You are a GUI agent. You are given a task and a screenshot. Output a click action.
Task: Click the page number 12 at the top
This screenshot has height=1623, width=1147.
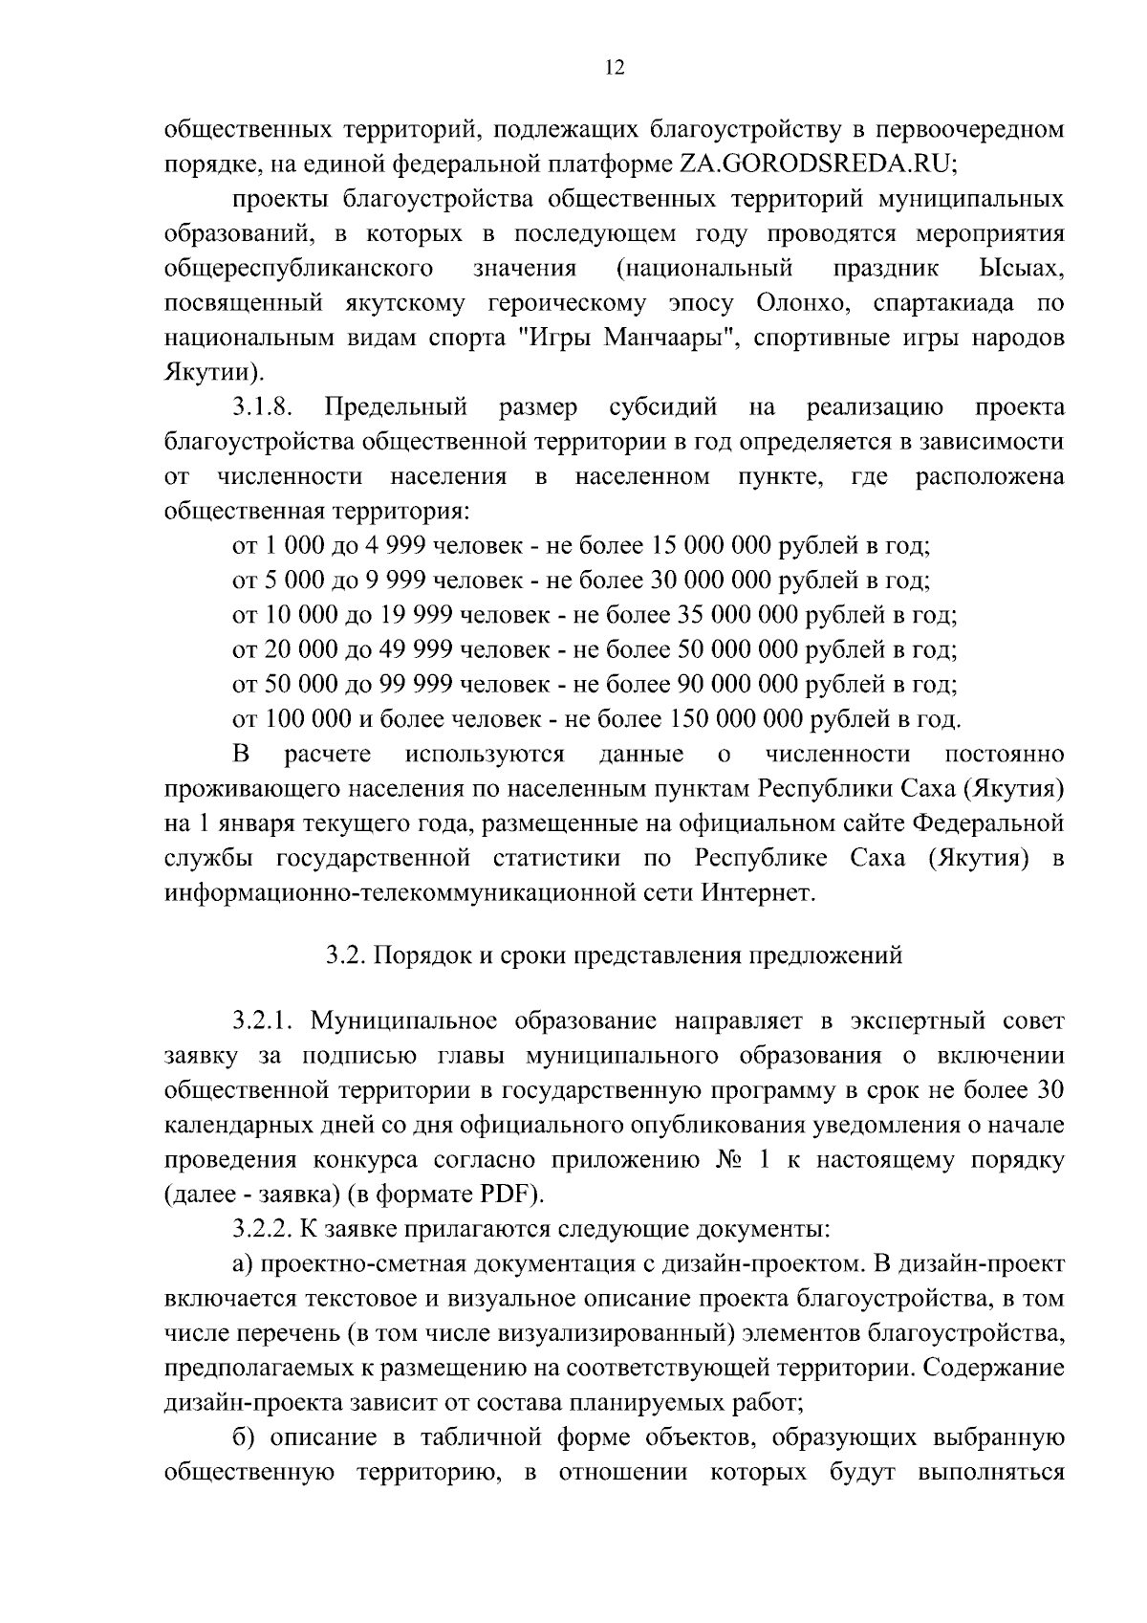tap(615, 67)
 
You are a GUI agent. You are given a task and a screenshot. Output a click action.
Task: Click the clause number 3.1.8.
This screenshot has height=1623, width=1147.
tap(261, 408)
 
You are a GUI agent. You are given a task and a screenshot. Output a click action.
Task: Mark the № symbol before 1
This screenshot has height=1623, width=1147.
tap(731, 1160)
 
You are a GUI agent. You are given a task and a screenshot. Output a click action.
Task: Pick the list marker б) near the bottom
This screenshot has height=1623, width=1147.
tap(243, 1437)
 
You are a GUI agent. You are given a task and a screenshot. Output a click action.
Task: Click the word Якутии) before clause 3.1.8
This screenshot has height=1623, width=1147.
tap(210, 372)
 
